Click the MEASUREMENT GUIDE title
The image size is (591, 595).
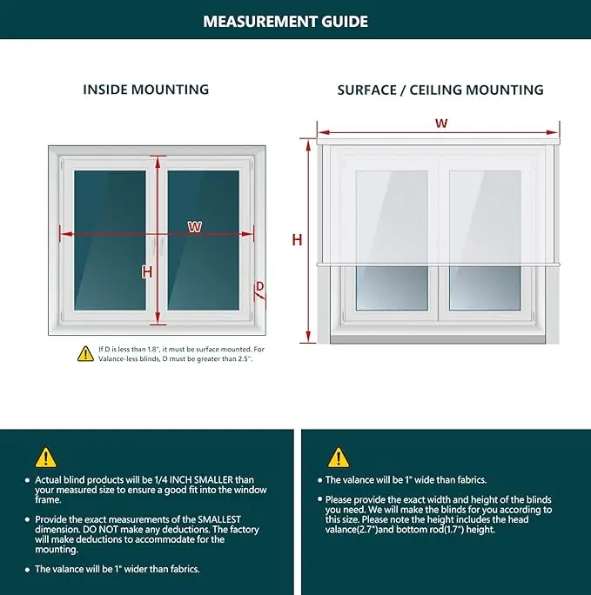285,22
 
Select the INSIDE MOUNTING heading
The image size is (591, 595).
146,90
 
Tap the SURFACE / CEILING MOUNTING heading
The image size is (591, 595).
440,90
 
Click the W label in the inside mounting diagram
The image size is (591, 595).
195,227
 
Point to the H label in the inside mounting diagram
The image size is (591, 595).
147,272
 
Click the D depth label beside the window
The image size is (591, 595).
259,286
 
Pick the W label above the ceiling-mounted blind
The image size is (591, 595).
442,124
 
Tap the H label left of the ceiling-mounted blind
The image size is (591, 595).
297,240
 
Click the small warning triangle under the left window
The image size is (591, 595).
85,353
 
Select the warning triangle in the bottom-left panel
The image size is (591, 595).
45,457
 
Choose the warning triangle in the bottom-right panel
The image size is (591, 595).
339,457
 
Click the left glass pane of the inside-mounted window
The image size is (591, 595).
110,240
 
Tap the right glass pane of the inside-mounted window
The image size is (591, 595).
203,240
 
